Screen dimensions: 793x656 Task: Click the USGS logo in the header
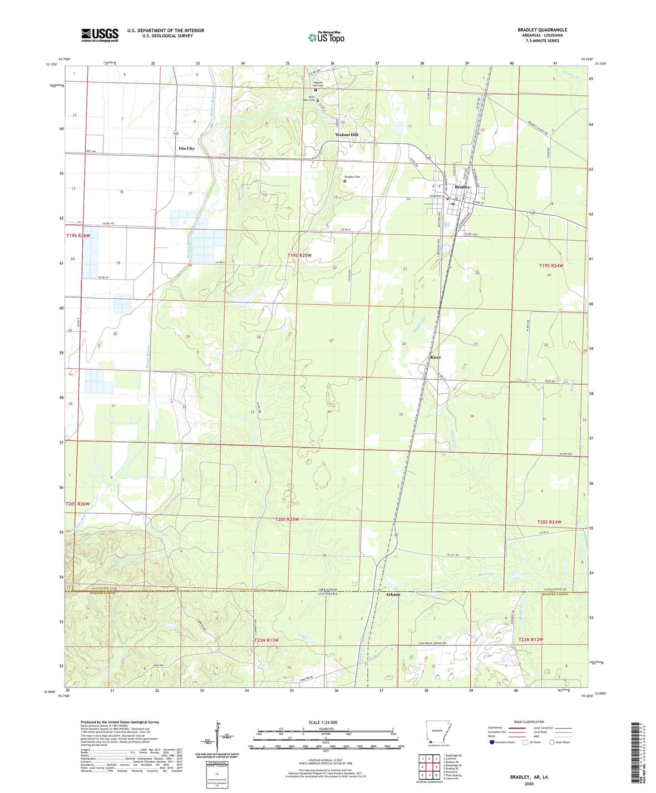pos(99,35)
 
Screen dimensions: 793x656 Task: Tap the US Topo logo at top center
pos(326,37)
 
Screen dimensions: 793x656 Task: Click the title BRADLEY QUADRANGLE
pos(542,30)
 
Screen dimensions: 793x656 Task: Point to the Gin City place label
pos(186,149)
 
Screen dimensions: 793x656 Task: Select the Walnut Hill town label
pos(346,135)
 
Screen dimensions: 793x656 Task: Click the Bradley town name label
pos(462,187)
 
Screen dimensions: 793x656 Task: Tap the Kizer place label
pos(435,357)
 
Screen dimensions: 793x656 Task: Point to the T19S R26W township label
pos(82,236)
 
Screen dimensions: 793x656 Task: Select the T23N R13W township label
pos(266,640)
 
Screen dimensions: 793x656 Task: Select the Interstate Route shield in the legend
pos(492,742)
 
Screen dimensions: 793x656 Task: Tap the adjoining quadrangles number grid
pos(429,767)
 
